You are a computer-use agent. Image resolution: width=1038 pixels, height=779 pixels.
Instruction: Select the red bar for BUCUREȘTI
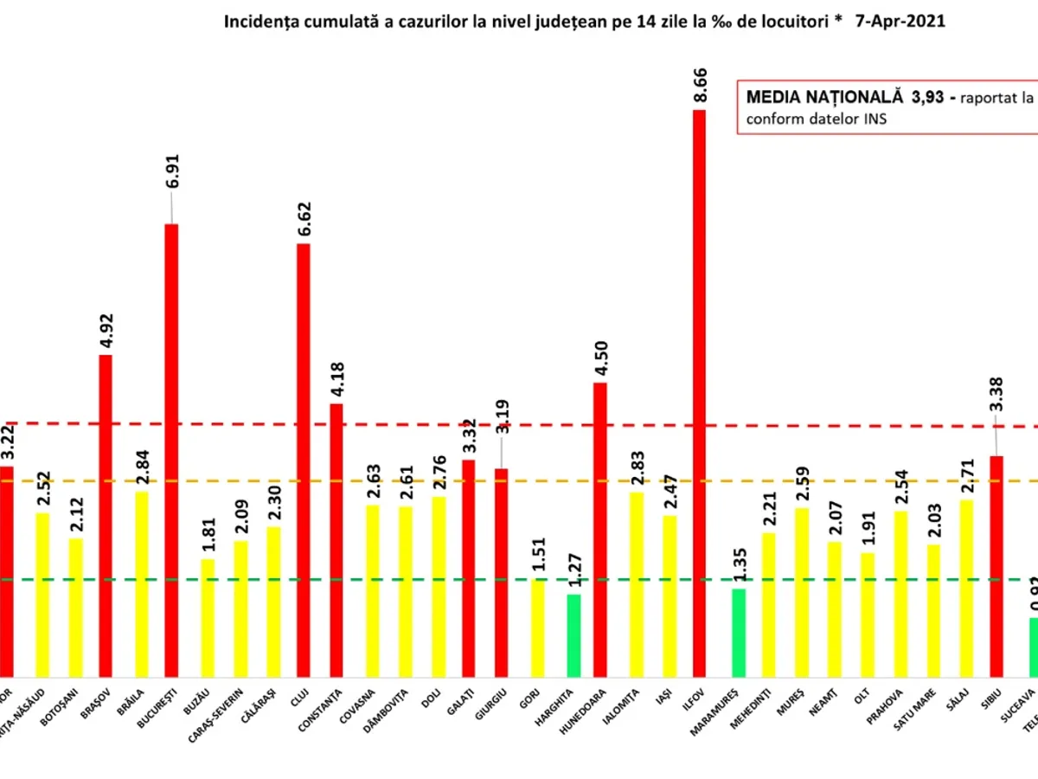pyautogui.click(x=171, y=450)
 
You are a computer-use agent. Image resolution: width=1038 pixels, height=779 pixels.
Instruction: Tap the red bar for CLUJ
pyautogui.click(x=304, y=459)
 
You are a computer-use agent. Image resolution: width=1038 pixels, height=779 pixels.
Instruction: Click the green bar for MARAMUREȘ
pyautogui.click(x=738, y=632)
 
